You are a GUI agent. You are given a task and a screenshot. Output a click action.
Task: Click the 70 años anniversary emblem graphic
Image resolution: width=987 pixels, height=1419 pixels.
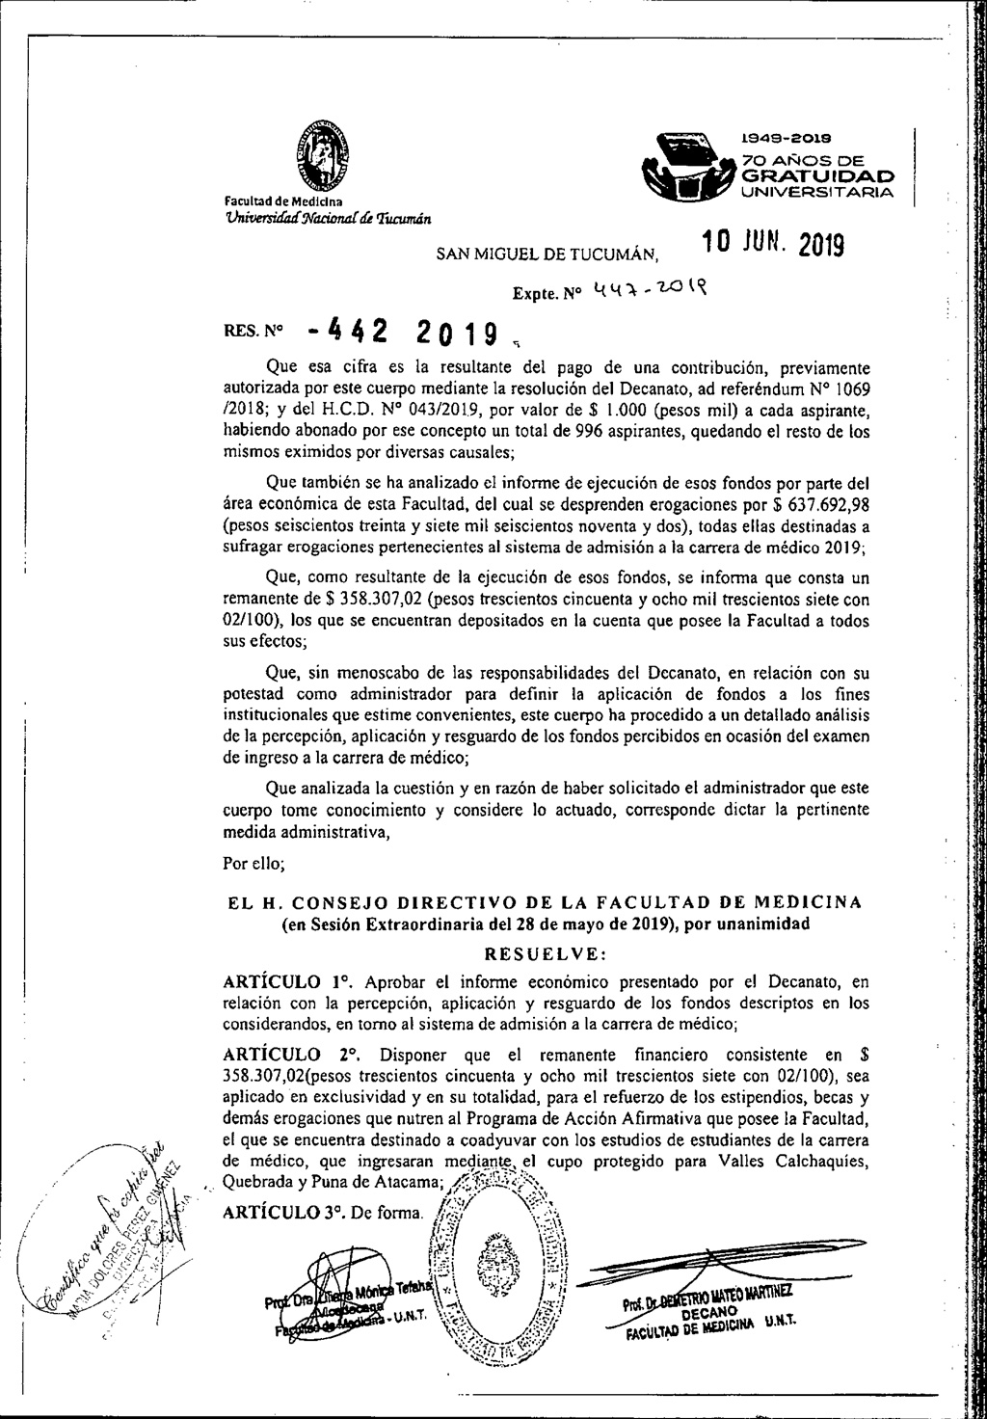693,164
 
